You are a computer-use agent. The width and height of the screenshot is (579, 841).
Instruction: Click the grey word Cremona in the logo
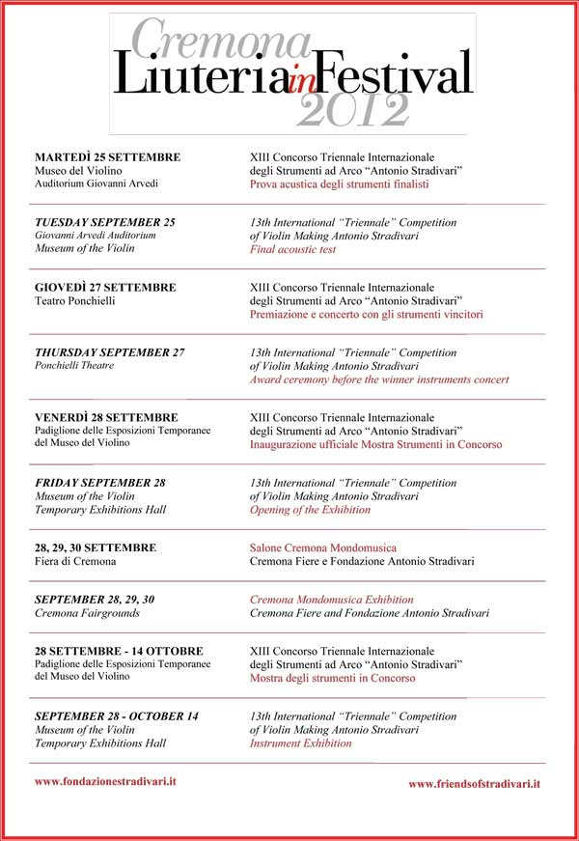tap(220, 41)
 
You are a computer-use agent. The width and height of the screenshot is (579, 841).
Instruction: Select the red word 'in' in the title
tap(301, 85)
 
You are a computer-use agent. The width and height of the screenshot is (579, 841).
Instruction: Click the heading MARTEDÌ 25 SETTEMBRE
tap(107, 156)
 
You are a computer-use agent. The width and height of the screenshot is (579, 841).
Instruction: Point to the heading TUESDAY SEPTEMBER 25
tap(104, 222)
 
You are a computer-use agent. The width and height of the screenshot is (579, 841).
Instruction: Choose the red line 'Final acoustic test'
tap(292, 249)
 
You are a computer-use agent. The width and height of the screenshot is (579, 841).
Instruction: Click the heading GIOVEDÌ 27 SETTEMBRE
tap(105, 287)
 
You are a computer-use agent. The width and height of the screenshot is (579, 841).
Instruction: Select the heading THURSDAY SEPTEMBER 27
tap(109, 352)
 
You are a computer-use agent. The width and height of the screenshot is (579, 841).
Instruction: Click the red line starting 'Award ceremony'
tap(379, 379)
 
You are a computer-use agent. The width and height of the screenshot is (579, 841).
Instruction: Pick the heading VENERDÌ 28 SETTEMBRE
tap(106, 417)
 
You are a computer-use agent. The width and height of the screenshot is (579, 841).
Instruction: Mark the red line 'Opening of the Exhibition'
tap(310, 509)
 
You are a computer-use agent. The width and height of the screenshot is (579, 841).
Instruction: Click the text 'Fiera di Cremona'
tap(75, 561)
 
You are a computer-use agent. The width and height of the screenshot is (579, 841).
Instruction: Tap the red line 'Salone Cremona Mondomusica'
tap(322, 547)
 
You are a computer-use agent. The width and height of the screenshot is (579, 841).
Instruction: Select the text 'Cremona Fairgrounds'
tap(87, 613)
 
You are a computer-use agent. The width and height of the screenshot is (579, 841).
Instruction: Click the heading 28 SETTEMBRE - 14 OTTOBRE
tap(119, 651)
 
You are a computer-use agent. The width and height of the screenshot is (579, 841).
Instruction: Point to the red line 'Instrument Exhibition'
tap(301, 743)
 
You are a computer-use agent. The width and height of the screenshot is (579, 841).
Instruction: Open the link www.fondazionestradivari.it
tap(105, 780)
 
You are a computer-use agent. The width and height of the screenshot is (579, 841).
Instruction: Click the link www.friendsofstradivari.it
tap(474, 784)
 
